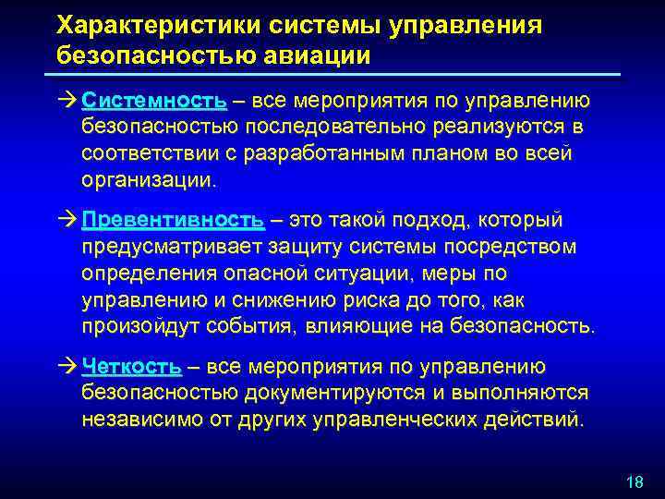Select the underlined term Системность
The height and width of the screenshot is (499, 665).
pos(153,100)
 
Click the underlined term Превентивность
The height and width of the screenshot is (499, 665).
pos(173,220)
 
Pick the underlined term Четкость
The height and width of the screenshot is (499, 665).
pos(131,367)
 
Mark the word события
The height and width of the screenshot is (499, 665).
pos(241,327)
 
